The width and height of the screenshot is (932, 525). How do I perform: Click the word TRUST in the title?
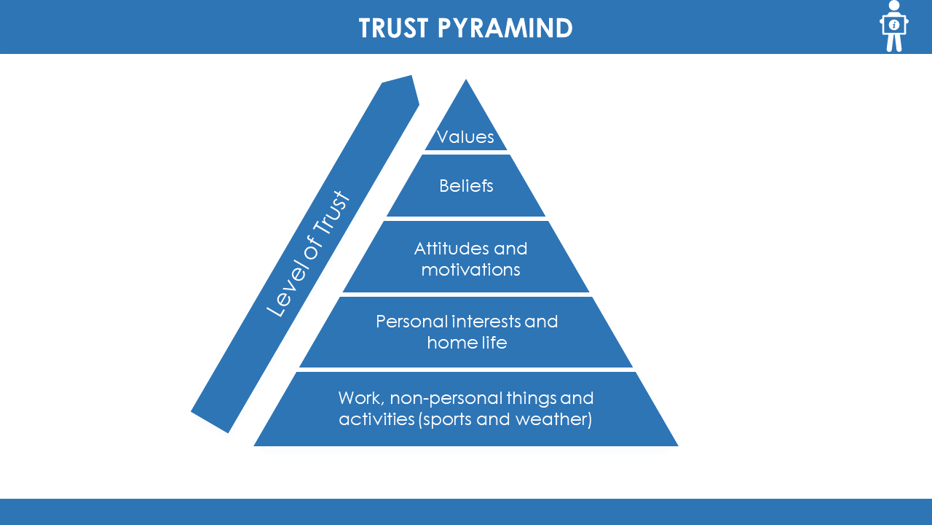pos(394,28)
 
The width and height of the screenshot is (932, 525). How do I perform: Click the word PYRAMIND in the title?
pos(505,28)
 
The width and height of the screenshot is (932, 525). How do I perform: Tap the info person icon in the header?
pos(893,26)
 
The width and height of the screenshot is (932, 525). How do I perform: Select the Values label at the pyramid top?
pos(465,136)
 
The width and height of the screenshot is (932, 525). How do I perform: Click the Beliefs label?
pos(466,186)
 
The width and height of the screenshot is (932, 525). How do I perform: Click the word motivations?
pos(470,270)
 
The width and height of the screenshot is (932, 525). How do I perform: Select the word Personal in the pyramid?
pos(412,322)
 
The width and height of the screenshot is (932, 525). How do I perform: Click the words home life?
pos(467,343)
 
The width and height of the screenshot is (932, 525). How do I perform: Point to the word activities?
pos(376,419)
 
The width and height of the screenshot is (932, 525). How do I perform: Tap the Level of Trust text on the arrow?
pos(307,254)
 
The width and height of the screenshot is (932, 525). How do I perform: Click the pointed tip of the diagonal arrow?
pos(412,75)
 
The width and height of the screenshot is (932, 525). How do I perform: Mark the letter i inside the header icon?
pos(893,25)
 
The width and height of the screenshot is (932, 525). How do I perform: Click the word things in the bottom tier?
pos(532,399)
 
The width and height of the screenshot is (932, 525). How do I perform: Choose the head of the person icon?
pos(893,5)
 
